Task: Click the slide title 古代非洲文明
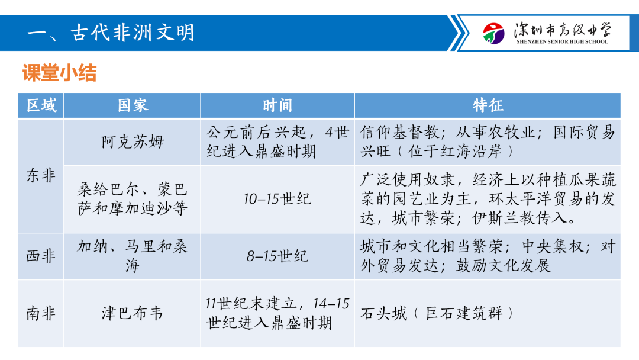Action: coord(133,33)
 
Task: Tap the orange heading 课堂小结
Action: coord(60,73)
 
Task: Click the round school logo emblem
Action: coord(493,33)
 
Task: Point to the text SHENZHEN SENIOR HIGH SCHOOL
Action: coord(562,41)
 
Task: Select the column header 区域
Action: coord(41,105)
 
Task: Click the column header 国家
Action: coord(133,105)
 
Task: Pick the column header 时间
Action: coord(277,105)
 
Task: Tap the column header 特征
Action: coord(488,105)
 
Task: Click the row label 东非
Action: coord(41,176)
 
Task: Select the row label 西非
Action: coord(41,256)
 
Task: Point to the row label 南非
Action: coord(41,314)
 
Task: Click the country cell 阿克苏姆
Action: coord(133,142)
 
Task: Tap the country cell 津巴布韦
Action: coord(133,313)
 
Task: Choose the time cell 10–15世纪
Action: coord(277,199)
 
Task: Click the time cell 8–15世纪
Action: coord(277,256)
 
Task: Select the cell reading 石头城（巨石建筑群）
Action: coord(437,313)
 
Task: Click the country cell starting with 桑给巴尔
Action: coord(133,199)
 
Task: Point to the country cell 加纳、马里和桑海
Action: coord(133,256)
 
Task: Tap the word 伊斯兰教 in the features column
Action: coord(504,218)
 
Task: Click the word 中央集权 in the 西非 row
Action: coord(553,247)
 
